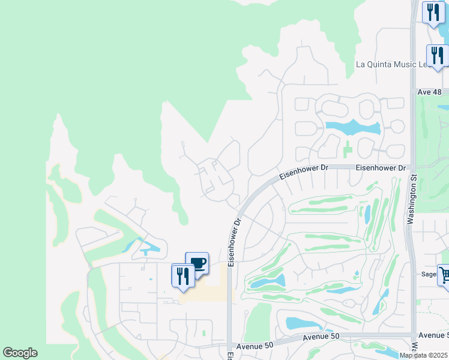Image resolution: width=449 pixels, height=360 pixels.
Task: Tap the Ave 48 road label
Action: coord(429,92)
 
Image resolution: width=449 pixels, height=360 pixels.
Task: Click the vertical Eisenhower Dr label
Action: coord(237,238)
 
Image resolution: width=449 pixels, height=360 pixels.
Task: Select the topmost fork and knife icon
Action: coord(433,12)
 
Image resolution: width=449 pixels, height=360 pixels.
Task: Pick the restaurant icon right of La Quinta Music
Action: coord(438,55)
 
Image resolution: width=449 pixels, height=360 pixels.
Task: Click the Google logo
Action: coord(20,353)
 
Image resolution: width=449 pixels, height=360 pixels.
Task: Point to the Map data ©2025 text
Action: coord(423,355)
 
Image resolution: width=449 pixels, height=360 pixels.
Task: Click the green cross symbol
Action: coord(348,147)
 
